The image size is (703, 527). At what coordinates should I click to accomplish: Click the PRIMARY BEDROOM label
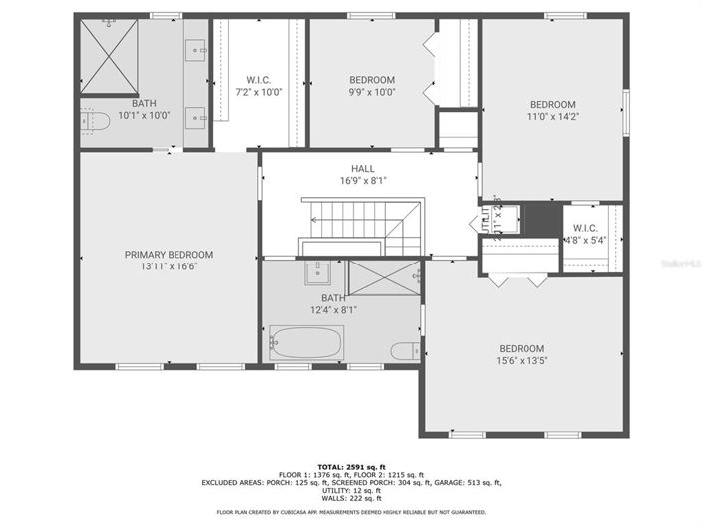[x=169, y=255]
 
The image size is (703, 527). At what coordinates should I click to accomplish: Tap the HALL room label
[x=361, y=168]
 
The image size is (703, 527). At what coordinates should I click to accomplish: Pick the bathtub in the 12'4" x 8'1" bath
[x=306, y=344]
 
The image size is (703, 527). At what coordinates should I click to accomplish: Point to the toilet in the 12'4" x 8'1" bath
[x=405, y=350]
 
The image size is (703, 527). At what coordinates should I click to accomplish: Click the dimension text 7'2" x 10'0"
[x=259, y=92]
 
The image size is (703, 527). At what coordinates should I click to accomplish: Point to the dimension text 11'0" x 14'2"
[x=552, y=117]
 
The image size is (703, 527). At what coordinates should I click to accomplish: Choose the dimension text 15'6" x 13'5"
[x=523, y=360]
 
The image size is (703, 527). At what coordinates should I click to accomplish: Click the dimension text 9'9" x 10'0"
[x=372, y=92]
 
